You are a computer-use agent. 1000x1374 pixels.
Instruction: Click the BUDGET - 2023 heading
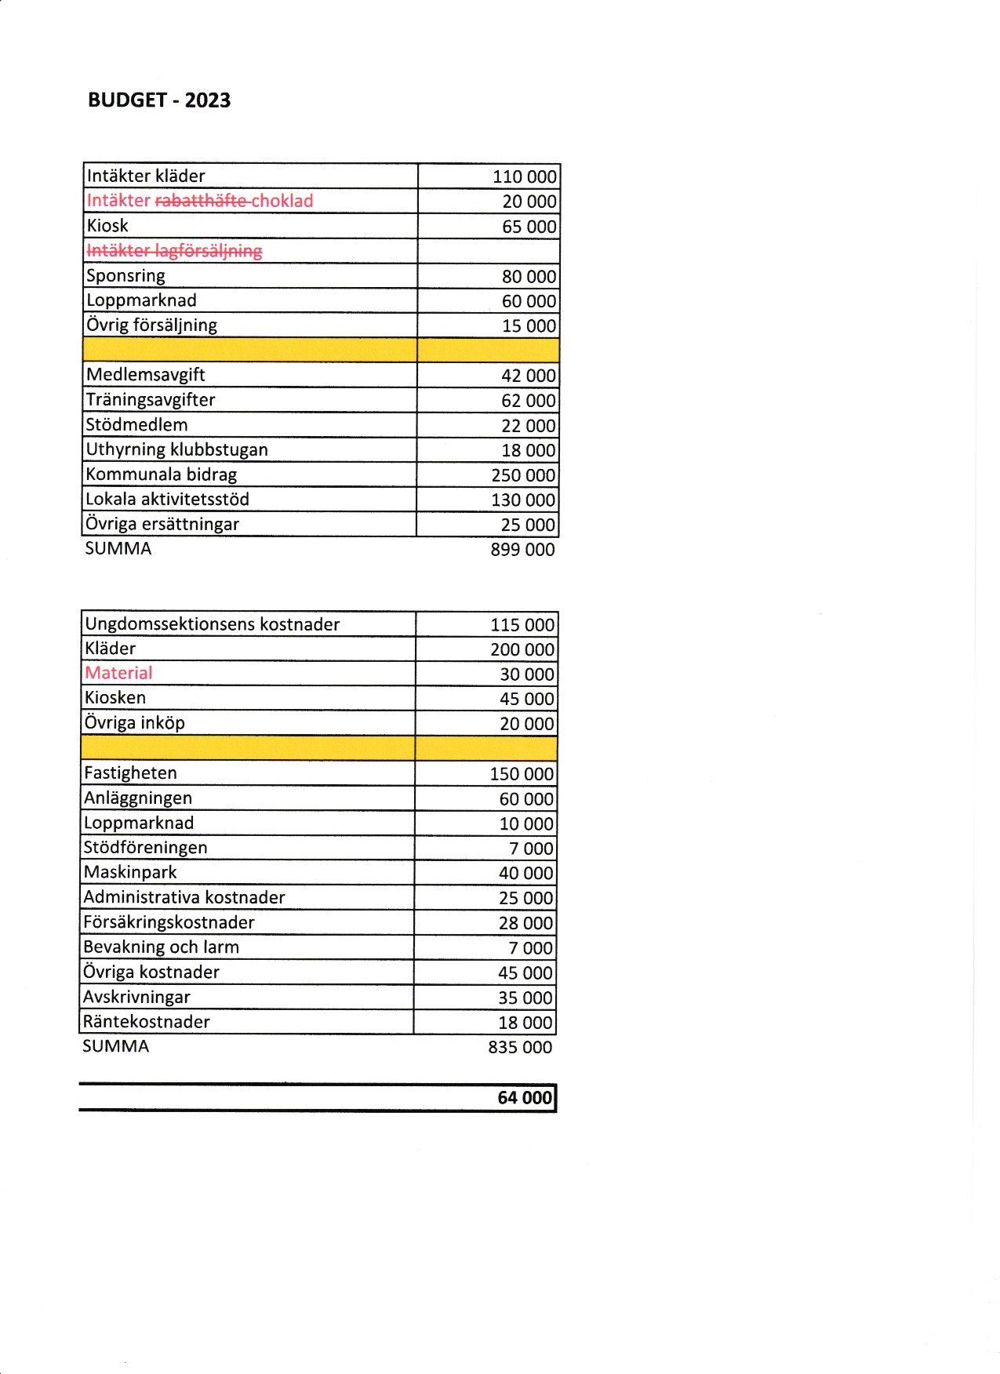click(x=159, y=100)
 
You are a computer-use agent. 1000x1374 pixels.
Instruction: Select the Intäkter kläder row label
click(x=146, y=176)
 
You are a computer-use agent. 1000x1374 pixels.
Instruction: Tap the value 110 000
click(x=525, y=176)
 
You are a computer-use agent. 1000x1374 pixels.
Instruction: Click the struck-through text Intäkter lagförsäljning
click(x=174, y=251)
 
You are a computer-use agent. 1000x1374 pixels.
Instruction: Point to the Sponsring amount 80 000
click(x=529, y=277)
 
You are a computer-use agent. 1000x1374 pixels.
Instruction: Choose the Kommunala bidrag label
click(x=161, y=474)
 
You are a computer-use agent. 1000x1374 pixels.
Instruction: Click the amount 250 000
click(x=523, y=475)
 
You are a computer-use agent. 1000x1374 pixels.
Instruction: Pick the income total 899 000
click(x=522, y=550)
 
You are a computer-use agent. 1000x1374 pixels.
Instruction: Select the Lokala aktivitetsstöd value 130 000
click(x=523, y=500)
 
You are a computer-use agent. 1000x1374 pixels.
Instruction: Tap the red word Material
click(x=118, y=673)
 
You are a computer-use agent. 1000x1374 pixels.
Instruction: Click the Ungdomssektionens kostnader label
click(x=212, y=624)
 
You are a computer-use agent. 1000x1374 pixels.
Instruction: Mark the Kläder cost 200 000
click(x=522, y=649)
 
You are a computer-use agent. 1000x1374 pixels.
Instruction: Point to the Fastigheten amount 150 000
click(x=522, y=774)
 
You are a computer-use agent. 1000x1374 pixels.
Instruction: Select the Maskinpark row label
click(x=130, y=872)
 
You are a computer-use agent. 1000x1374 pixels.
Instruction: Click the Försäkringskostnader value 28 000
click(x=525, y=923)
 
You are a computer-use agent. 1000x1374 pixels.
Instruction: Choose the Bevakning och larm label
click(x=161, y=947)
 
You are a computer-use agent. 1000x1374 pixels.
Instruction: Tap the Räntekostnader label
click(x=147, y=1022)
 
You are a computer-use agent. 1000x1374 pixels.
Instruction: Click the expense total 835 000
click(x=520, y=1047)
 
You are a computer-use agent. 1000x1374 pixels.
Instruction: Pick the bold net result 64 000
click(x=525, y=1098)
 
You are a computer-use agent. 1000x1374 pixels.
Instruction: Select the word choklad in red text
click(x=282, y=201)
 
